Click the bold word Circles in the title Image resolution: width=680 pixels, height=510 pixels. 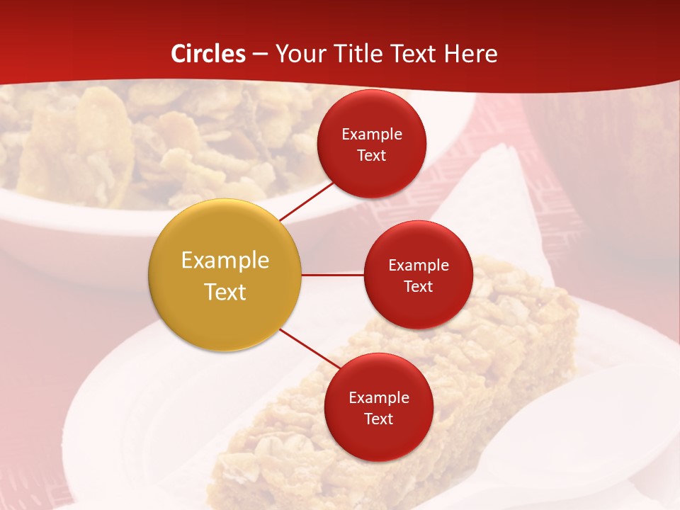click(208, 54)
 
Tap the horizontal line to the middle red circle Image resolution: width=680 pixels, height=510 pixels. click(332, 274)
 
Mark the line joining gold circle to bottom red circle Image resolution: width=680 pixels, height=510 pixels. click(309, 349)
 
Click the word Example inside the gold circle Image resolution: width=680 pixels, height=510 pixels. click(225, 261)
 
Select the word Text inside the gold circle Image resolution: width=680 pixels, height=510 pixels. click(225, 292)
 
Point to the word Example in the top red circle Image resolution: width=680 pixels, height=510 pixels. click(372, 134)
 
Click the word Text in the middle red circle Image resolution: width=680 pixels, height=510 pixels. click(418, 286)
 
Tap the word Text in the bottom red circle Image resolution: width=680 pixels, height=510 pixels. click(378, 419)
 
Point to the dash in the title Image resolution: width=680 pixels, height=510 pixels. click(260, 55)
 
